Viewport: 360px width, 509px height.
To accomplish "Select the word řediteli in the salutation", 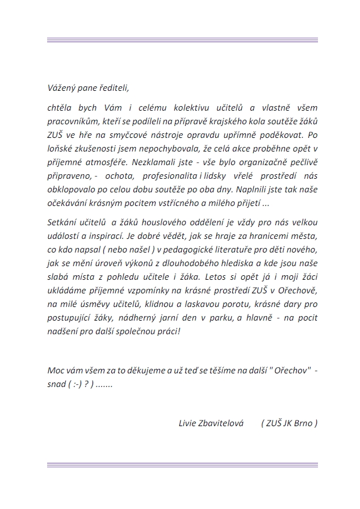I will click(114, 88).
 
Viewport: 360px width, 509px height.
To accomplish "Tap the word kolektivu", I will click(185, 107).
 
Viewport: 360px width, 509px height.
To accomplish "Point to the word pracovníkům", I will click(72, 121).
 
